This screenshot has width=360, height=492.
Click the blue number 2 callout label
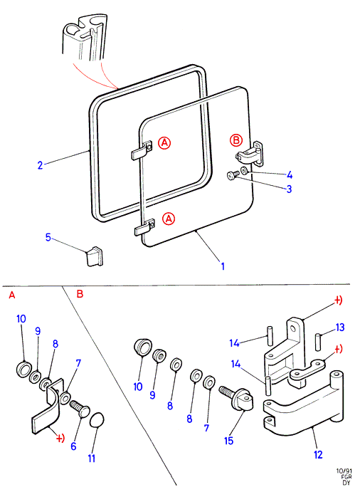click(40, 165)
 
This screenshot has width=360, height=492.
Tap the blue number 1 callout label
click(223, 266)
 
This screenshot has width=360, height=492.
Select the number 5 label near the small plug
click(48, 237)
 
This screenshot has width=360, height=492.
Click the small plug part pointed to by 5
click(95, 256)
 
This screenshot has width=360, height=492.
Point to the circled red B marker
click(236, 140)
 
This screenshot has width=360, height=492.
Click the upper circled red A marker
click(164, 143)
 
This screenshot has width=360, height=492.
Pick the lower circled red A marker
click(169, 219)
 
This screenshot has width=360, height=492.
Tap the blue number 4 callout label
click(289, 174)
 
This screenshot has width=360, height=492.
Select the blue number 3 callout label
click(289, 189)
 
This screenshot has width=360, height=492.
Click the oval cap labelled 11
click(97, 420)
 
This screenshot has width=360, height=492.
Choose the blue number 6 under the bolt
click(73, 446)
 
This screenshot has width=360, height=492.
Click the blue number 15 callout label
click(229, 441)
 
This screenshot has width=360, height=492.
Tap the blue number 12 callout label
click(318, 454)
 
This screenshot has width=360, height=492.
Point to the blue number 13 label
click(340, 328)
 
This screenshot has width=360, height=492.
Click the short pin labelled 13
click(318, 341)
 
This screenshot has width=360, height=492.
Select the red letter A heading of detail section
click(12, 295)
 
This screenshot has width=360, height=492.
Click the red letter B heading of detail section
click(80, 294)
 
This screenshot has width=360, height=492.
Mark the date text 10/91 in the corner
click(344, 471)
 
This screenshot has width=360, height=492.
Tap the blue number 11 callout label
click(91, 459)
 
